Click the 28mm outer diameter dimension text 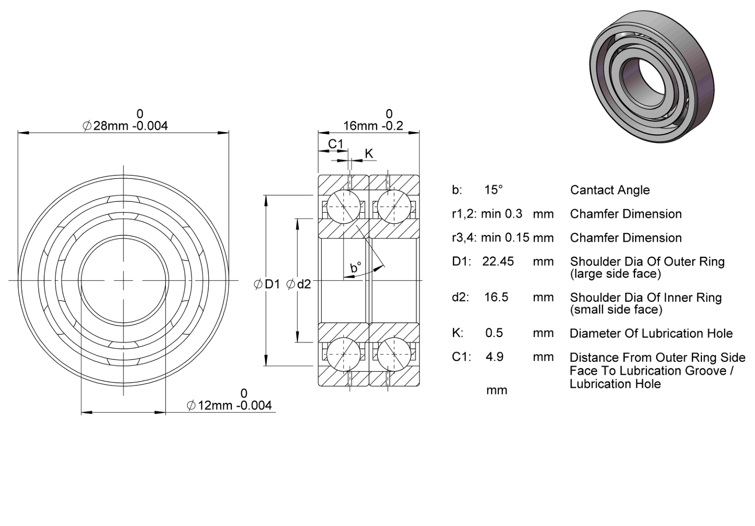125,126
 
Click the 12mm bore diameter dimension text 229,405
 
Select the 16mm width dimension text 373,126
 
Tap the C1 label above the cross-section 335,144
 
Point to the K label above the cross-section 369,154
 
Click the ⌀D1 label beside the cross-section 267,285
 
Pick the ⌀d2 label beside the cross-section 298,285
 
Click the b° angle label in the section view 356,267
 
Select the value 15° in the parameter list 493,190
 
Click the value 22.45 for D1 498,261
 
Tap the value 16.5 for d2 496,297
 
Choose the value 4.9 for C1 495,357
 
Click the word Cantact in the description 590,190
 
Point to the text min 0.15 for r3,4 505,238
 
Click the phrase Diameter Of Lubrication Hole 651,333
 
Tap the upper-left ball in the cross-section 344,206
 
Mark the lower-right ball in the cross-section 394,354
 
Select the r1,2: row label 464,214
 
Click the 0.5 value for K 494,333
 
